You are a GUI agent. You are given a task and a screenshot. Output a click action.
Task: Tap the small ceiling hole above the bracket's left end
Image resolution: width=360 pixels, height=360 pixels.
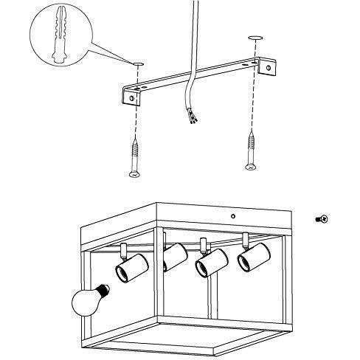coord(137,65)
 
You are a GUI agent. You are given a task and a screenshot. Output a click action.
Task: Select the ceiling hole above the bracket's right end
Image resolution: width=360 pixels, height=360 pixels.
coord(256,38)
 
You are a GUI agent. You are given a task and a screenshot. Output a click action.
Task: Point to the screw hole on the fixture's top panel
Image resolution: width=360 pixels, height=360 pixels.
coord(233,215)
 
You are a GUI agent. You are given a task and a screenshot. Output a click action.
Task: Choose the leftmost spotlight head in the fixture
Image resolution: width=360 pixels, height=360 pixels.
coord(128,268)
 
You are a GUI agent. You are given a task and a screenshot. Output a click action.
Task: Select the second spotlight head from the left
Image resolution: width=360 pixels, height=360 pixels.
coord(173,256)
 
